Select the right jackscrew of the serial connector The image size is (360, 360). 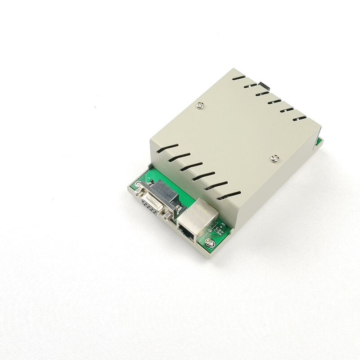(168, 216)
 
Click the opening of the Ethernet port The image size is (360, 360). (187, 232)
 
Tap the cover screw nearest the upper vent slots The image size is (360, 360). (201, 106)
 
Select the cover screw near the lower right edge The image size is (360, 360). (275, 158)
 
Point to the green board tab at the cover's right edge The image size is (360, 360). (319, 141)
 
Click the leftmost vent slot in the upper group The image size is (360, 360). (239, 78)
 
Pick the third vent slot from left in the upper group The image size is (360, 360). (262, 94)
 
